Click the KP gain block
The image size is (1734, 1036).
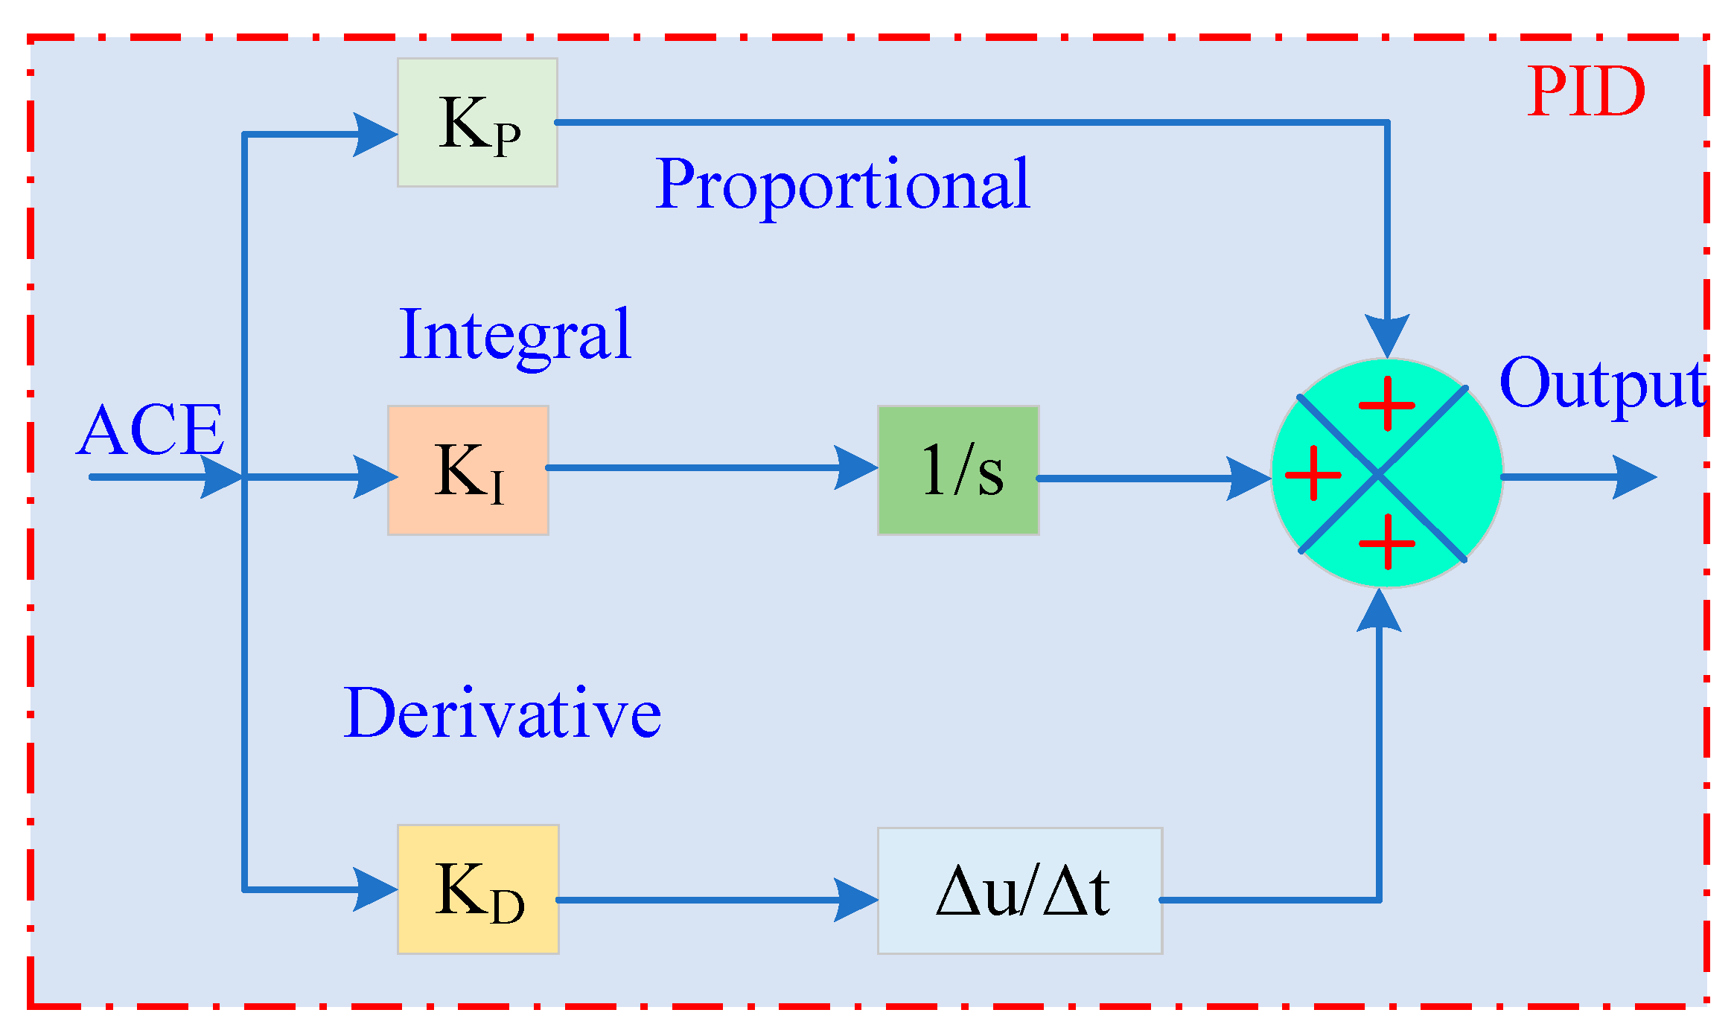pos(477,123)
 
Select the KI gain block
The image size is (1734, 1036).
pos(468,470)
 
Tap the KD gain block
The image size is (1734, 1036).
pos(478,889)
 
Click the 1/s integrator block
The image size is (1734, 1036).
pos(958,470)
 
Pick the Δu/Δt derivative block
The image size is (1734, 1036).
pos(1020,891)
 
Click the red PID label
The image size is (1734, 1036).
pos(1586,92)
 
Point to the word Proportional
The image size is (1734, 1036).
pos(843,184)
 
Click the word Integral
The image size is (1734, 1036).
pos(515,336)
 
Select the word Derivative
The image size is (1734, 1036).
pos(502,714)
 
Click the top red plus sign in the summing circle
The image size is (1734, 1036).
pos(1387,404)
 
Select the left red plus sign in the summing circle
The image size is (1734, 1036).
pos(1313,473)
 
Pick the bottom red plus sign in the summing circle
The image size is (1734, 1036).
pos(1387,542)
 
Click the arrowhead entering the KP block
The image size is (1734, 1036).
pos(375,135)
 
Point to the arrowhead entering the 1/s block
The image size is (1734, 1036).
pos(856,468)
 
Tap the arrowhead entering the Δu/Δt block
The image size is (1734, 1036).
pos(856,900)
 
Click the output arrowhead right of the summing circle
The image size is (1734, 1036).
pos(1634,477)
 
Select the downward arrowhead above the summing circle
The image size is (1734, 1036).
pos(1387,335)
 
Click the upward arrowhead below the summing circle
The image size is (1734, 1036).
pos(1380,611)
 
